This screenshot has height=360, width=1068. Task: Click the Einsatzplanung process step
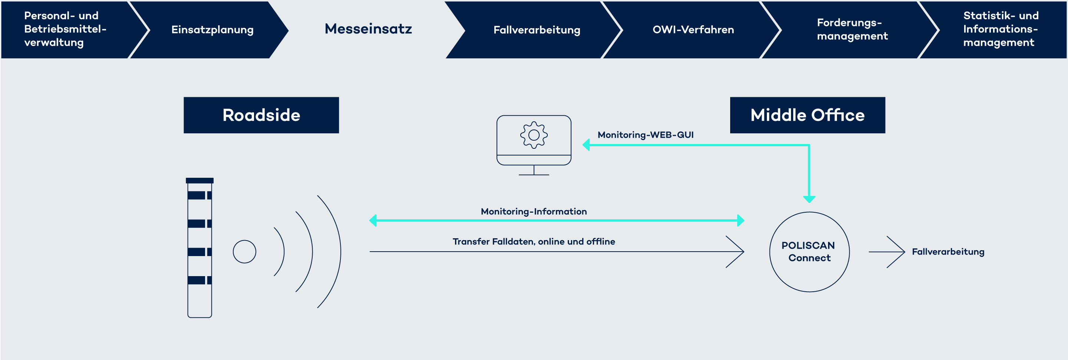click(212, 30)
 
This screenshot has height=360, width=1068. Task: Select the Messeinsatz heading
click(368, 29)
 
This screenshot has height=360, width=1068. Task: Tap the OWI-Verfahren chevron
click(693, 30)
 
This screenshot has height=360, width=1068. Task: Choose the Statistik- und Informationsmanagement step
click(1000, 29)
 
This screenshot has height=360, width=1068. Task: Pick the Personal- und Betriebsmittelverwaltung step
click(65, 29)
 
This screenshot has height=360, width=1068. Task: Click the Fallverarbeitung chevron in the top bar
click(536, 30)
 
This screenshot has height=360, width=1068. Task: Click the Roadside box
click(261, 115)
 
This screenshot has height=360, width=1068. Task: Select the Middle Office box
click(807, 115)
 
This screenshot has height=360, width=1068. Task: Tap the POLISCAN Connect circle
click(809, 252)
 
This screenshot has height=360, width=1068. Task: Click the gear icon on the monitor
click(534, 135)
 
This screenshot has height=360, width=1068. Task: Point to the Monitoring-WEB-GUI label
click(645, 135)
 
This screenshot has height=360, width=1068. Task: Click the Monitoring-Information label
click(534, 212)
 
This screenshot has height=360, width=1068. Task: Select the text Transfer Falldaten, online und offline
click(534, 241)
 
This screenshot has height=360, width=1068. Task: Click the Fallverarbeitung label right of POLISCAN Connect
click(947, 252)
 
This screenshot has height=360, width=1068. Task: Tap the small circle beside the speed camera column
click(244, 252)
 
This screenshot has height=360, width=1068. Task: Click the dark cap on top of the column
click(200, 180)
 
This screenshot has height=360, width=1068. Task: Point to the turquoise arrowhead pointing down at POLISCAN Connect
click(809, 199)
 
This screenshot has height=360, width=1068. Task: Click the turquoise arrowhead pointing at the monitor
click(586, 145)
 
